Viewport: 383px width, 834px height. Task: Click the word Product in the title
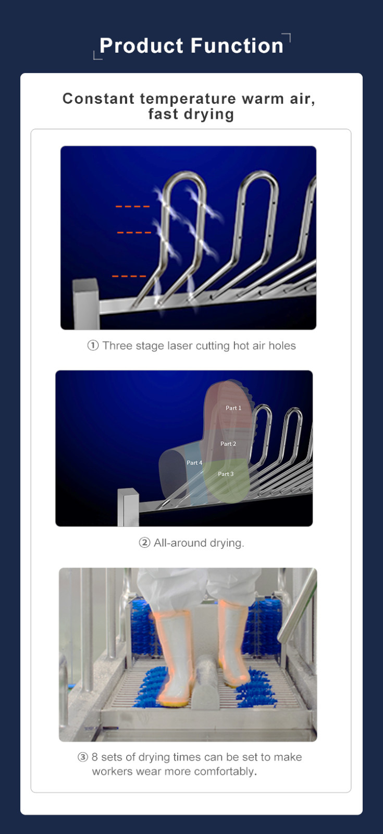141,46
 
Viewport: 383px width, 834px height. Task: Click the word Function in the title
237,46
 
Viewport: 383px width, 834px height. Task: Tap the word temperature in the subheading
188,99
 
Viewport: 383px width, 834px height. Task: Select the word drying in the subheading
209,115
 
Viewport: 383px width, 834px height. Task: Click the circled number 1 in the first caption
93,346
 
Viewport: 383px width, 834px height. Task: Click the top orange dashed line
132,206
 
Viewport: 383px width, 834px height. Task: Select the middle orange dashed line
134,232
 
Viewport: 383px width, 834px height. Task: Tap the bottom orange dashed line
129,276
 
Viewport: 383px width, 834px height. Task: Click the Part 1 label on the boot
233,408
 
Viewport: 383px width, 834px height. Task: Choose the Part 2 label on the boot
228,444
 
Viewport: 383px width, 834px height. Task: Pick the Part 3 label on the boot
226,474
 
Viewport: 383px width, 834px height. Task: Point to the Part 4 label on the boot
194,463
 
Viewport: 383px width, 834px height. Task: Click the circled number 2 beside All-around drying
144,543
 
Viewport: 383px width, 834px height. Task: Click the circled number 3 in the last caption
83,757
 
